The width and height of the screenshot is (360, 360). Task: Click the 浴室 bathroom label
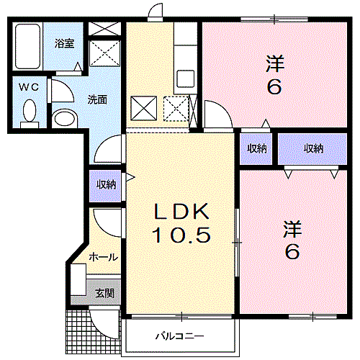tap(64, 43)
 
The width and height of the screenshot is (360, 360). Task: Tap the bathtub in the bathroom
tap(27, 47)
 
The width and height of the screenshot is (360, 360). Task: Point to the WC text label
tap(29, 87)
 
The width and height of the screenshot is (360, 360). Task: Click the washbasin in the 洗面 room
tap(65, 118)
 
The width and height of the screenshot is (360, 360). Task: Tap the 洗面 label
tap(97, 99)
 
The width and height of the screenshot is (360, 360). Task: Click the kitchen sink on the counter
tap(186, 78)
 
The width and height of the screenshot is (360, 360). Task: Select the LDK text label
tap(181, 212)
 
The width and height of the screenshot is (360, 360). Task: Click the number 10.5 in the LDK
tap(181, 235)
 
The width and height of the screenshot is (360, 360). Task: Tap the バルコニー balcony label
tap(179, 336)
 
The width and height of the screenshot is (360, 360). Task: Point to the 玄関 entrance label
tap(104, 293)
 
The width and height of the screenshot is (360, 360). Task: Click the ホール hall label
tap(104, 258)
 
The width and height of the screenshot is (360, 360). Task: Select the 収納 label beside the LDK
tap(106, 185)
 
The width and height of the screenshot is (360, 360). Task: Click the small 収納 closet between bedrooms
tap(257, 149)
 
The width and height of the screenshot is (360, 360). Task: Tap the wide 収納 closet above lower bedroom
tap(313, 149)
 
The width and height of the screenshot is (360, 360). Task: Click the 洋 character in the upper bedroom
tap(275, 63)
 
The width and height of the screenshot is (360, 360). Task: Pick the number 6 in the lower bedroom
tap(292, 251)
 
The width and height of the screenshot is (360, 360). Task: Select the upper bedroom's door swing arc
tap(222, 109)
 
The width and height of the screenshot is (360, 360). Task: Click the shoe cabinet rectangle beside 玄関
tap(78, 279)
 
